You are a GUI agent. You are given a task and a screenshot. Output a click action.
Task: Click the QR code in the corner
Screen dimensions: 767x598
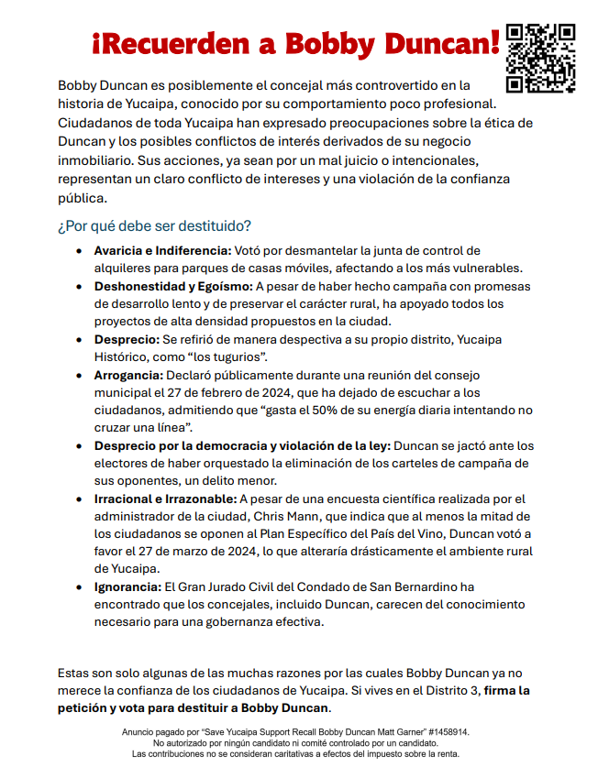[x=541, y=58]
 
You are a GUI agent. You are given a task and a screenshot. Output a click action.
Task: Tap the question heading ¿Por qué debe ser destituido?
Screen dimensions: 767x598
[x=154, y=225]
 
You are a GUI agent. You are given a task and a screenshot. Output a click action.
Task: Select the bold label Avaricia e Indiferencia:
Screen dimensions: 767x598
[x=163, y=250]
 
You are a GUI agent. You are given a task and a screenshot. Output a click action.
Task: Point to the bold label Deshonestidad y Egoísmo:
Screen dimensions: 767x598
[x=173, y=286]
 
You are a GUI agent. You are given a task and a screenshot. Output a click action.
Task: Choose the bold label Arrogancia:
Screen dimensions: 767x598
[x=128, y=375]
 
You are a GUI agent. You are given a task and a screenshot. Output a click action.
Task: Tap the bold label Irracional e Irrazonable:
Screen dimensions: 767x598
[x=166, y=499]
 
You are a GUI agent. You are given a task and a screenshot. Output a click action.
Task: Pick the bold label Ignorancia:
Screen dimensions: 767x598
[x=127, y=586]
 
